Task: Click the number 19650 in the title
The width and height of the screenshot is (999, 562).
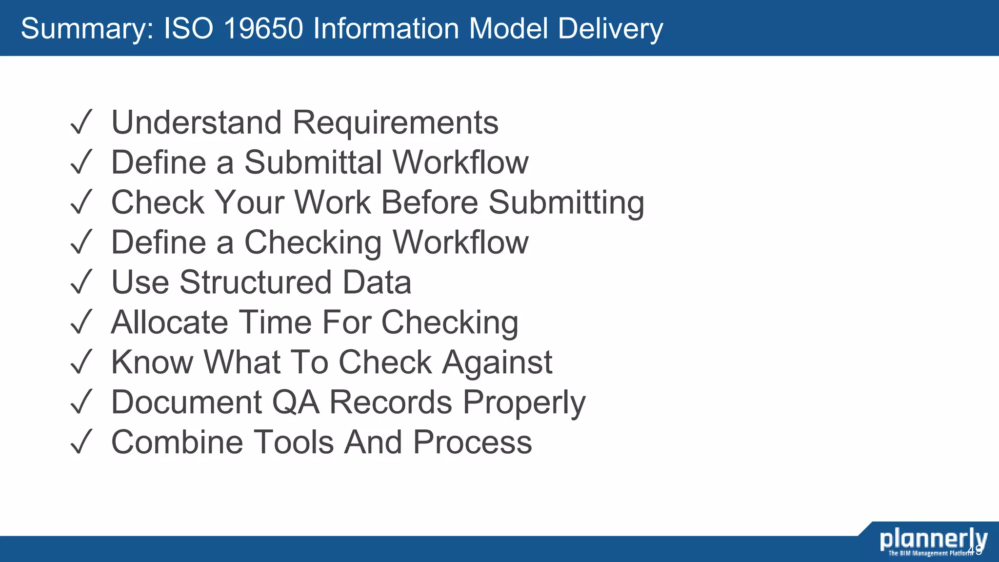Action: [x=263, y=28]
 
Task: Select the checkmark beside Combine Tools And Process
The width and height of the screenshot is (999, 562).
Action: [x=81, y=442]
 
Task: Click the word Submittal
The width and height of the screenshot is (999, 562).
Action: [x=313, y=162]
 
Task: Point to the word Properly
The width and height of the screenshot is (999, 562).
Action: [x=524, y=403]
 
